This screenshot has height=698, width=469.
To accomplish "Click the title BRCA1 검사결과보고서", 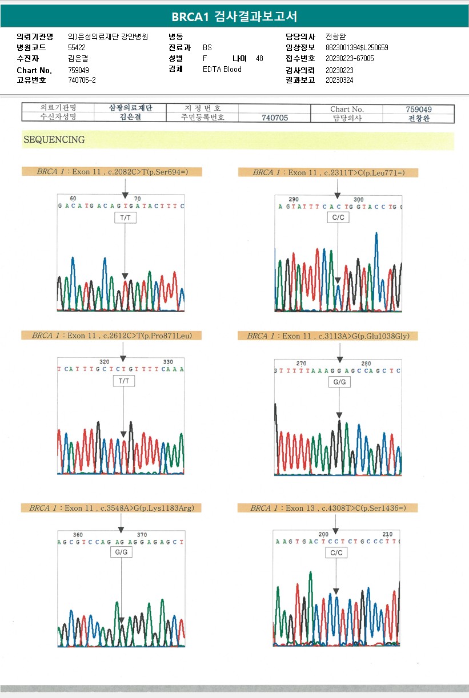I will tap(234, 17).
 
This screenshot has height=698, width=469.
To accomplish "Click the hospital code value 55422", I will tap(77, 48).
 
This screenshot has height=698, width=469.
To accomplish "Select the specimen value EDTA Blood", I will tap(222, 70).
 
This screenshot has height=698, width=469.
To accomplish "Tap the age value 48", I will tap(260, 59).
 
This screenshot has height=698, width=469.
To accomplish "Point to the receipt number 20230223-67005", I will tap(350, 59).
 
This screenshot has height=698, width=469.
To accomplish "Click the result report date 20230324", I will tap(339, 80).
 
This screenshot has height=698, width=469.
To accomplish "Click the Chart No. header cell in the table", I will tap(347, 109).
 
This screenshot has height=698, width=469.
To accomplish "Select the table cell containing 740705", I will tap(274, 118).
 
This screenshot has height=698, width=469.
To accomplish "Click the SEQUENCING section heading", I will tap(54, 140).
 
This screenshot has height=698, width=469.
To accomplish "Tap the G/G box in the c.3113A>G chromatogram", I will tap(339, 382).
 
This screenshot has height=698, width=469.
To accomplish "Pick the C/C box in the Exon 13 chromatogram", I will tap(336, 553).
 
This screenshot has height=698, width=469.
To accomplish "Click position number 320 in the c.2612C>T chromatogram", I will tap(105, 362).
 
